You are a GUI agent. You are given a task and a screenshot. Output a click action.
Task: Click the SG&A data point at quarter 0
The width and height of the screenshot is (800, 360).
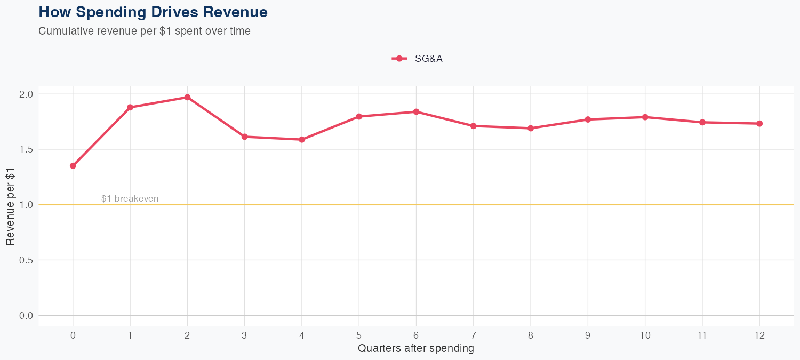73,166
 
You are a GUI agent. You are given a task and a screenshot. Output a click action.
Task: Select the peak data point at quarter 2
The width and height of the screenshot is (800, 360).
187,98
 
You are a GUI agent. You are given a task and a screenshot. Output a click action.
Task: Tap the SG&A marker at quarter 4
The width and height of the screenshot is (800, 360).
302,140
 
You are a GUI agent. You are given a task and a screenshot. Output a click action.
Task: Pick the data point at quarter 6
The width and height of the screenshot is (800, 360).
416,112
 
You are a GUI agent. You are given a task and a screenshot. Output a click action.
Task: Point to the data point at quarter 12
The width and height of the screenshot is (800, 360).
759,124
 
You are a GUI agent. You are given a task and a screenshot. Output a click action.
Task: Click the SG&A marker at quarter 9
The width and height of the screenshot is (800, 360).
588,119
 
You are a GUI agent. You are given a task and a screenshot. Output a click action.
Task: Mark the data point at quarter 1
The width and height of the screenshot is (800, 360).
130,107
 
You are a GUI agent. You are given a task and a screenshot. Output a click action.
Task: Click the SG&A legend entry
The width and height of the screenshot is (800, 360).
418,59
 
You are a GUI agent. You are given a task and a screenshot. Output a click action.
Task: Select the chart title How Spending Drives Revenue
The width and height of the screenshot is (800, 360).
153,12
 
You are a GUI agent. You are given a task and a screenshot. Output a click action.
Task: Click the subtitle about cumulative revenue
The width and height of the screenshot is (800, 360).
145,31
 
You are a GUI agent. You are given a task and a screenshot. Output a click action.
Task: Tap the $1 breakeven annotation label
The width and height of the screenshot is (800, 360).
130,199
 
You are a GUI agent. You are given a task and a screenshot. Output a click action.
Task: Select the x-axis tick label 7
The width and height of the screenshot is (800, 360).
474,335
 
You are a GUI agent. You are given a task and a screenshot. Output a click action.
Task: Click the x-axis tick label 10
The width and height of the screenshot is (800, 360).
645,335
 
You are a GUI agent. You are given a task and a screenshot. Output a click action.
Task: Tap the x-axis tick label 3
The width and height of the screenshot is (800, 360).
245,335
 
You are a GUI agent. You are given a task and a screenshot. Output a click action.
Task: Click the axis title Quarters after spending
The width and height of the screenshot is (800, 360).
416,349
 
